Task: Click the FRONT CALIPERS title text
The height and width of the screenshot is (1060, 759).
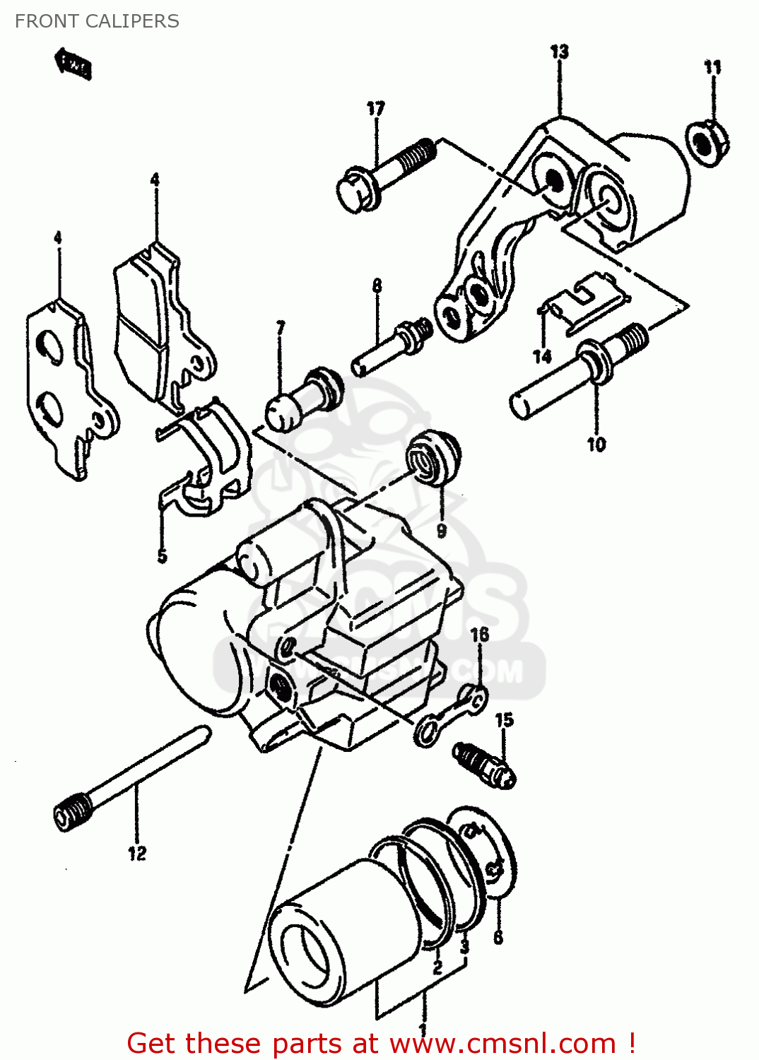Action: (x=97, y=21)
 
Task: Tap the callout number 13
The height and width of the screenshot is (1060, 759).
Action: (x=559, y=52)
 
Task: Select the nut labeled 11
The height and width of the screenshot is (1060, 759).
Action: (x=707, y=143)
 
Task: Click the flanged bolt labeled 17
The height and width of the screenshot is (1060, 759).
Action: (x=382, y=175)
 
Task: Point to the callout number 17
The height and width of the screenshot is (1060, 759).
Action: (x=375, y=108)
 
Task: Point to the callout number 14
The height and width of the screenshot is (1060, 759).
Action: (x=542, y=356)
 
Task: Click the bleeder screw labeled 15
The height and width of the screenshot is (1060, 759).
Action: (x=485, y=764)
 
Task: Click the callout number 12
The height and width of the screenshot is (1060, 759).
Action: (x=137, y=854)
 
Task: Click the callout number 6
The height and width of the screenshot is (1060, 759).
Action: (x=498, y=937)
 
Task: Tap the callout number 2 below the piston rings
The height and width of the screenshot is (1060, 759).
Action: (x=437, y=966)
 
